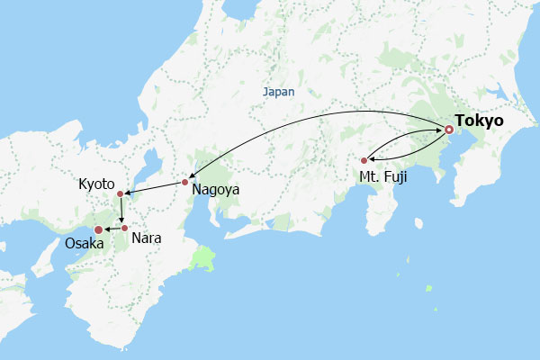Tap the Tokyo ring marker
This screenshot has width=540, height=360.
(x=448, y=130)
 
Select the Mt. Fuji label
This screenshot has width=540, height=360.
(x=383, y=176)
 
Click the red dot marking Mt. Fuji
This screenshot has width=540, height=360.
(x=364, y=161)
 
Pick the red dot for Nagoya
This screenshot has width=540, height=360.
(x=184, y=183)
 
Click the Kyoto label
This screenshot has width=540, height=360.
(x=96, y=183)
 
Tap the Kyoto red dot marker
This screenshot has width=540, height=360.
(x=120, y=193)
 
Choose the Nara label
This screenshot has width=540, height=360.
(x=146, y=238)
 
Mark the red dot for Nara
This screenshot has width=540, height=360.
(x=125, y=228)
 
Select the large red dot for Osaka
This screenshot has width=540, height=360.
(x=99, y=229)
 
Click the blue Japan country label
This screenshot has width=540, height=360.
(x=278, y=92)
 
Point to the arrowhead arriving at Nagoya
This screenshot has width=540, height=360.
(x=189, y=178)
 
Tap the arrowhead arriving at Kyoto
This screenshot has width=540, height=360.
(x=127, y=193)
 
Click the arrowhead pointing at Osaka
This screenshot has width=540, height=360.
(x=106, y=229)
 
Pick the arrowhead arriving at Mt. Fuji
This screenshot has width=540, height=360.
(x=371, y=159)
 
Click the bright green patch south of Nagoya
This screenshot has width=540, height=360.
(x=206, y=260)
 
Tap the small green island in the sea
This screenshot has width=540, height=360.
(x=429, y=289)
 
